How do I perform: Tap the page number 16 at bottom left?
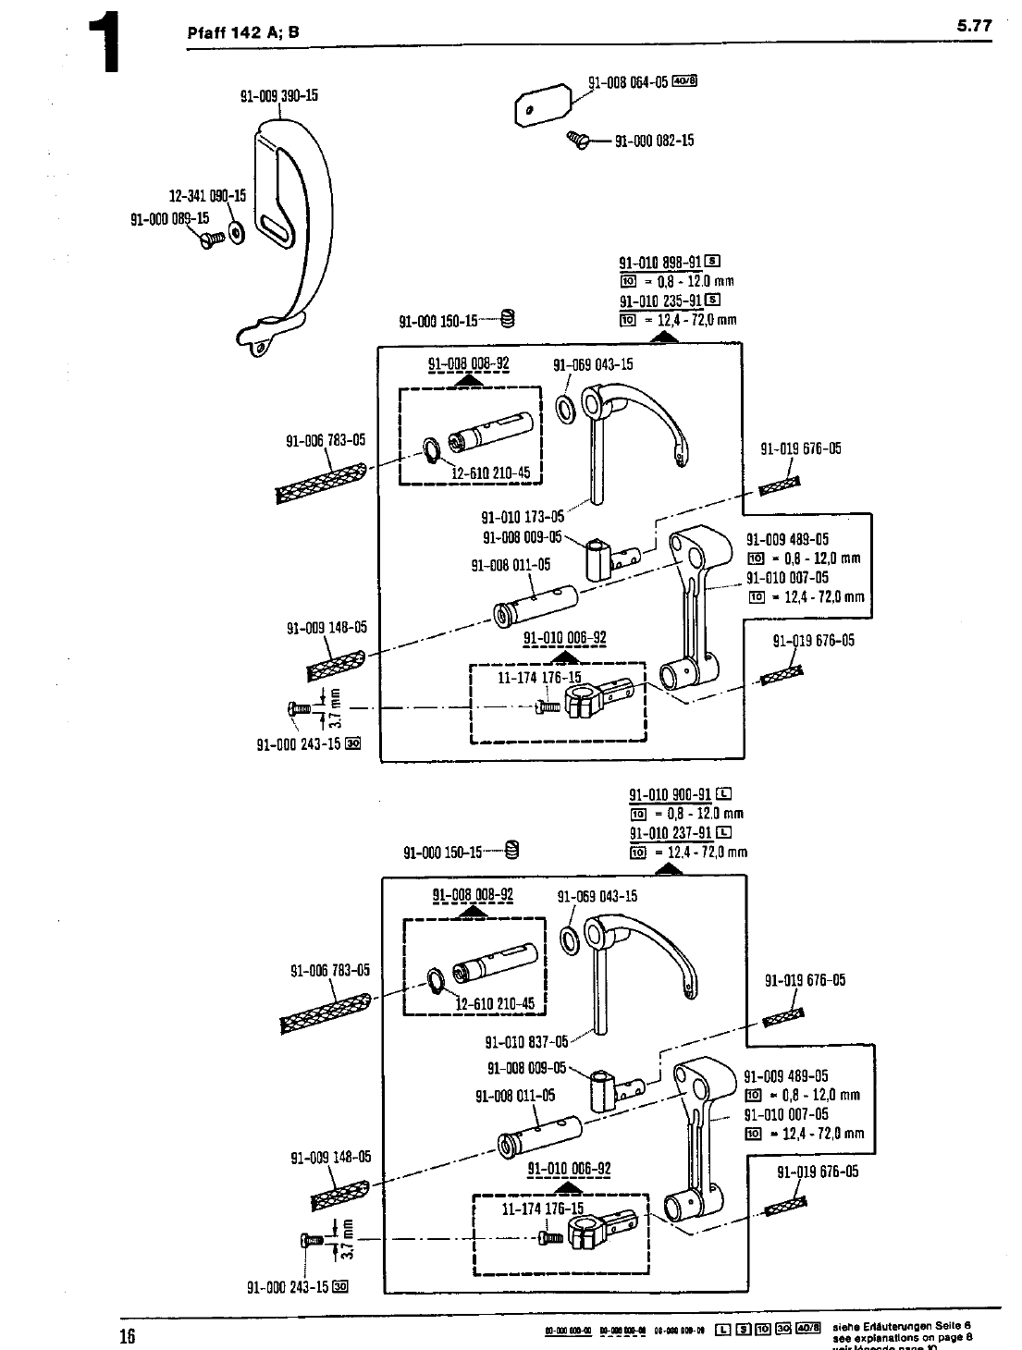(x=127, y=1334)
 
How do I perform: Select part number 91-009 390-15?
(x=279, y=95)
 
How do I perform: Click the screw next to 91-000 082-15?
(x=578, y=140)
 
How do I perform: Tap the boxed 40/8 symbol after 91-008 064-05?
(x=684, y=80)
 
